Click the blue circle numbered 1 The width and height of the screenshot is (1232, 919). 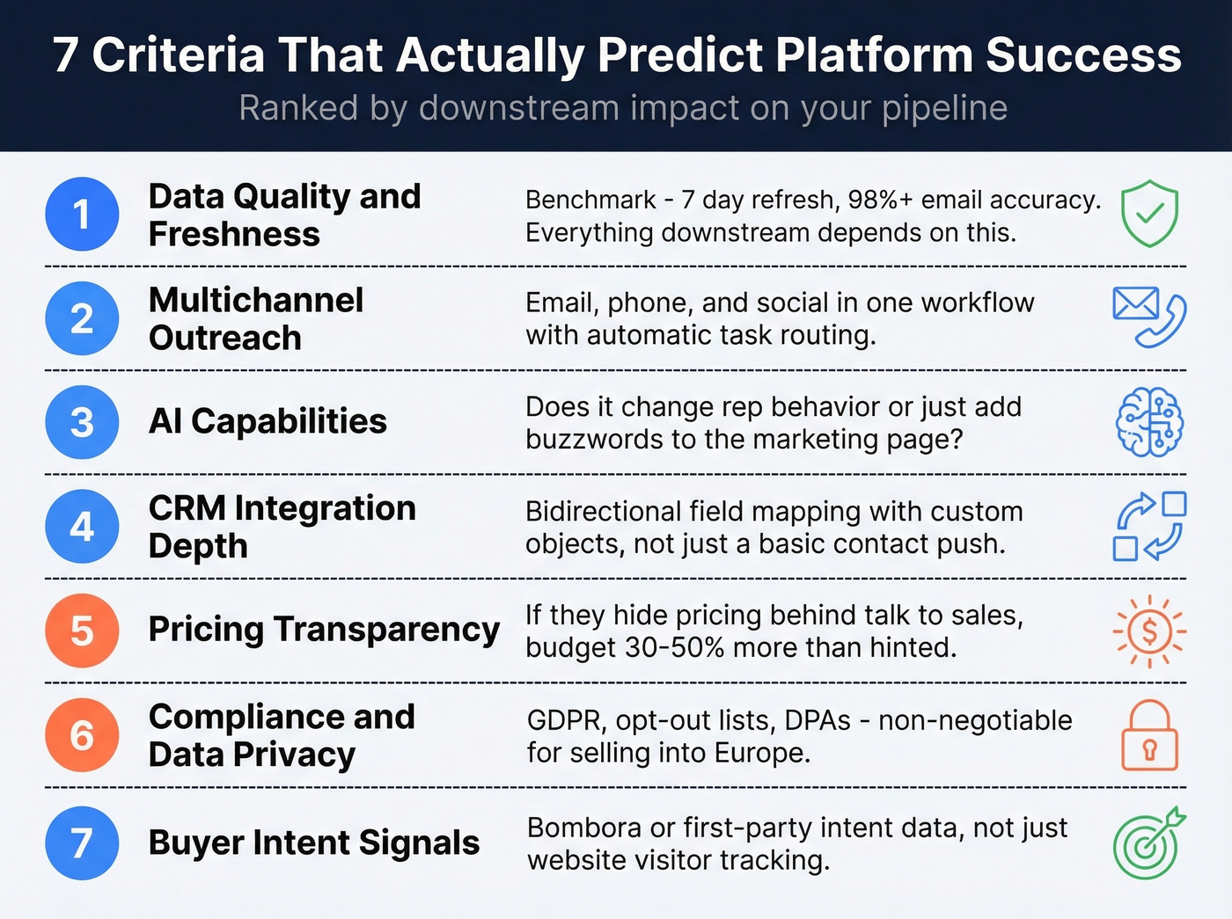(82, 214)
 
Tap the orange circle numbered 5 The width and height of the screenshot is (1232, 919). (82, 631)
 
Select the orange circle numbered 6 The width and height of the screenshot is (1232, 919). (82, 735)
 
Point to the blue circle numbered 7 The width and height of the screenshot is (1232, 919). (82, 842)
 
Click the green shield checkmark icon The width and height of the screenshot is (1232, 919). (1149, 214)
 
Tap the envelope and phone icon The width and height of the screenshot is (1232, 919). (1149, 317)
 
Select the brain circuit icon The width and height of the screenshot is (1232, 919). (1149, 422)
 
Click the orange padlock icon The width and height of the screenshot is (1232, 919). (1149, 736)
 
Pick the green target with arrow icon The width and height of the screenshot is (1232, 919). (1148, 843)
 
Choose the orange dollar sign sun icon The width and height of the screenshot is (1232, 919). (1149, 631)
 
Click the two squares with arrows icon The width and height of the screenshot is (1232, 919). (1149, 526)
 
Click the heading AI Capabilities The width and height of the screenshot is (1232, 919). (268, 421)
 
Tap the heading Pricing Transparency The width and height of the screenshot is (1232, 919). (324, 630)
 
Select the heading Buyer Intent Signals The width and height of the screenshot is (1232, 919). (314, 842)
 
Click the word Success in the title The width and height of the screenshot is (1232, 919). (1083, 55)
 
